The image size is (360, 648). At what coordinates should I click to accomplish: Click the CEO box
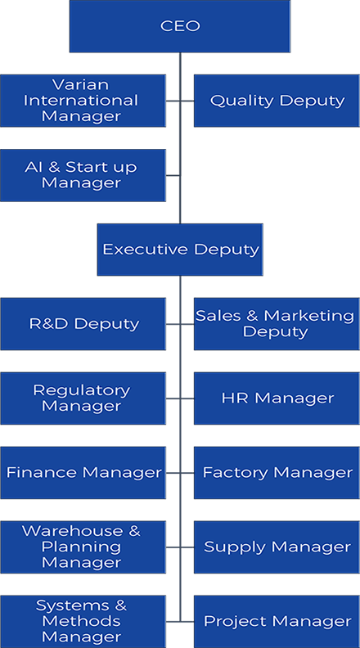(180, 26)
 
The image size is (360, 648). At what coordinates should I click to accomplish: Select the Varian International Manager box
(83, 101)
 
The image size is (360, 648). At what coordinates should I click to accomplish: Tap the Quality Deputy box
(277, 101)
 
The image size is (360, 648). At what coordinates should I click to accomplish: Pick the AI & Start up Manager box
(83, 175)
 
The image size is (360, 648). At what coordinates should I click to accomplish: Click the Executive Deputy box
(180, 250)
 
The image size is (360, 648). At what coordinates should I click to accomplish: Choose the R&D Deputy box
(83, 324)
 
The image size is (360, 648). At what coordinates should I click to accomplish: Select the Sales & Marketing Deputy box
(277, 324)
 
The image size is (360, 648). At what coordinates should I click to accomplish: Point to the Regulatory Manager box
(83, 398)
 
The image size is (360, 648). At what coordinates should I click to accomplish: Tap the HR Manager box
(277, 398)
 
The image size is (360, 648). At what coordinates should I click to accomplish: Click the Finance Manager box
(83, 473)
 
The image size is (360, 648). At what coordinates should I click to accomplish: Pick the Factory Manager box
(277, 473)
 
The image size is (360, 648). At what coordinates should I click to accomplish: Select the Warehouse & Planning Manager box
(83, 547)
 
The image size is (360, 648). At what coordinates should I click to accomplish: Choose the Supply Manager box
(277, 547)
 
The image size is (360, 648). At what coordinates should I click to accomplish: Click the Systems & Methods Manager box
(83, 622)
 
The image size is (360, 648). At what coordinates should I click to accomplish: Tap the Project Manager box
(277, 622)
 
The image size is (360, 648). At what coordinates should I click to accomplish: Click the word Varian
(81, 85)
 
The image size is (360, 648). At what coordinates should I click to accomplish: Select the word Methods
(81, 621)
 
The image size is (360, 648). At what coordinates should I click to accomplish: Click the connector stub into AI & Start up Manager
(173, 175)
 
